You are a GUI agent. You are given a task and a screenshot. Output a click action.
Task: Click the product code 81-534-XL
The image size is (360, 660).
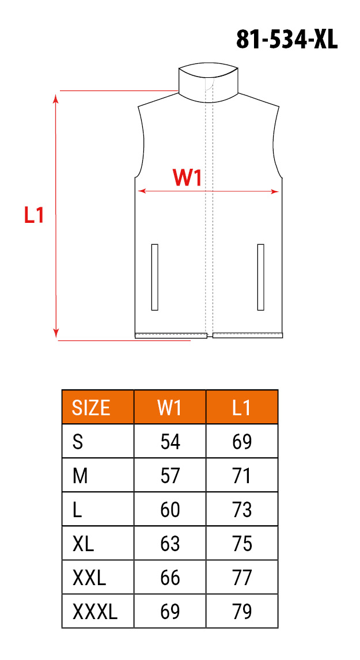287,40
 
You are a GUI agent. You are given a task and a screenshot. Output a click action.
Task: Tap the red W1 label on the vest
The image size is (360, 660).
187,178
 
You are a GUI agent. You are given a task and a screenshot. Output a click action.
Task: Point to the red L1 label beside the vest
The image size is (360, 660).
33,215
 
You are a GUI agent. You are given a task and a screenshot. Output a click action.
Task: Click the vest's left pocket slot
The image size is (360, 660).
154,277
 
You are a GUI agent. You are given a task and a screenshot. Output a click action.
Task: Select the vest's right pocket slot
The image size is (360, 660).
260,277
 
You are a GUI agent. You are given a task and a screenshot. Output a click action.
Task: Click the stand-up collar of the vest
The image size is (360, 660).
209,84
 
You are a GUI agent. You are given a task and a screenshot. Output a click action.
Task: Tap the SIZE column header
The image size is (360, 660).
92,407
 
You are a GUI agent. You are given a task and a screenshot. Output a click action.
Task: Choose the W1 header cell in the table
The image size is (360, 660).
170,407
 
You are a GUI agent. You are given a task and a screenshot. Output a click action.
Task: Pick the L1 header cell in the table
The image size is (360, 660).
242,407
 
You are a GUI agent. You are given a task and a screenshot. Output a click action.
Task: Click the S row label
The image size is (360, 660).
78,442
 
